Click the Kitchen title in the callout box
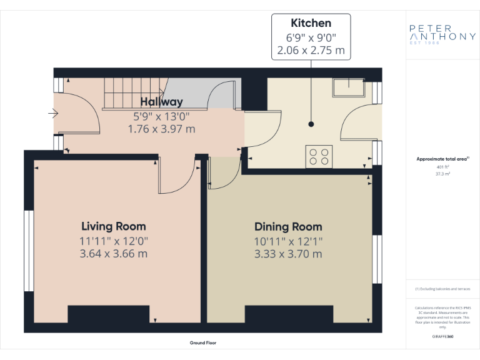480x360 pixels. pos(311,23)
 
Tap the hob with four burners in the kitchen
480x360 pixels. pos(319,156)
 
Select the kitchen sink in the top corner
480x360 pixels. pos(348,88)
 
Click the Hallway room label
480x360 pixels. pos(161,102)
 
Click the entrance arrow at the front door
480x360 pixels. pos(53,114)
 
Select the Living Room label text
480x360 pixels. pos(114,226)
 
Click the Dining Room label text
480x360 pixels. pos(288,226)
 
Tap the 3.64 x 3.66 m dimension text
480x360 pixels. pos(114,254)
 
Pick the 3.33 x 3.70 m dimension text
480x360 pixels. pos(288,254)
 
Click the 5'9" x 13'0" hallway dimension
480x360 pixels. pos(161,116)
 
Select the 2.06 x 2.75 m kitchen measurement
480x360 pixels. pos(311,50)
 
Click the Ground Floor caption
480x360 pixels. pos(203,343)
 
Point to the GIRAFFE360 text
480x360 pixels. pos(442,337)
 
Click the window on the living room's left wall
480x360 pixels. pos(27,251)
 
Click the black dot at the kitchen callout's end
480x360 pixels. pos(311,124)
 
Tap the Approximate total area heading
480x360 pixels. pos(441,159)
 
